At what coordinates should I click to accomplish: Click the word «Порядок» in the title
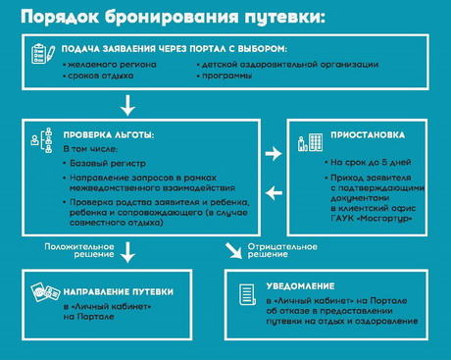[x=60, y=18]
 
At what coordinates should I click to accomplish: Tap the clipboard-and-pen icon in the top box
[x=43, y=54]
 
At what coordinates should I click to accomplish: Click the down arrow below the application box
[x=127, y=105]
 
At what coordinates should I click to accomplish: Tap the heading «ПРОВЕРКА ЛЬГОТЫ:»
[x=109, y=135]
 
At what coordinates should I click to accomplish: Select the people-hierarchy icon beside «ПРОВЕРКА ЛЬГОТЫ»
[x=41, y=140]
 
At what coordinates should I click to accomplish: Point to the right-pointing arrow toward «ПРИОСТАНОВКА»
[x=274, y=153]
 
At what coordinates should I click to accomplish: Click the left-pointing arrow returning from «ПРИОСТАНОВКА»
[x=274, y=193]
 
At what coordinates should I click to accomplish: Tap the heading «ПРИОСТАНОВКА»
[x=368, y=135]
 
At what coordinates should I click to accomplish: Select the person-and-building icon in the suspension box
[x=310, y=142]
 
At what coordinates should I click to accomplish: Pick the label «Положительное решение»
[x=79, y=250]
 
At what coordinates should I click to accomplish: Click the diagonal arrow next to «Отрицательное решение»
[x=233, y=251]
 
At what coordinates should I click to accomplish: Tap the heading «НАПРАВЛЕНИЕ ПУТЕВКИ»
[x=119, y=292]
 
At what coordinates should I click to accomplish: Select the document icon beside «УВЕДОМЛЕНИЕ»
[x=247, y=294]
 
